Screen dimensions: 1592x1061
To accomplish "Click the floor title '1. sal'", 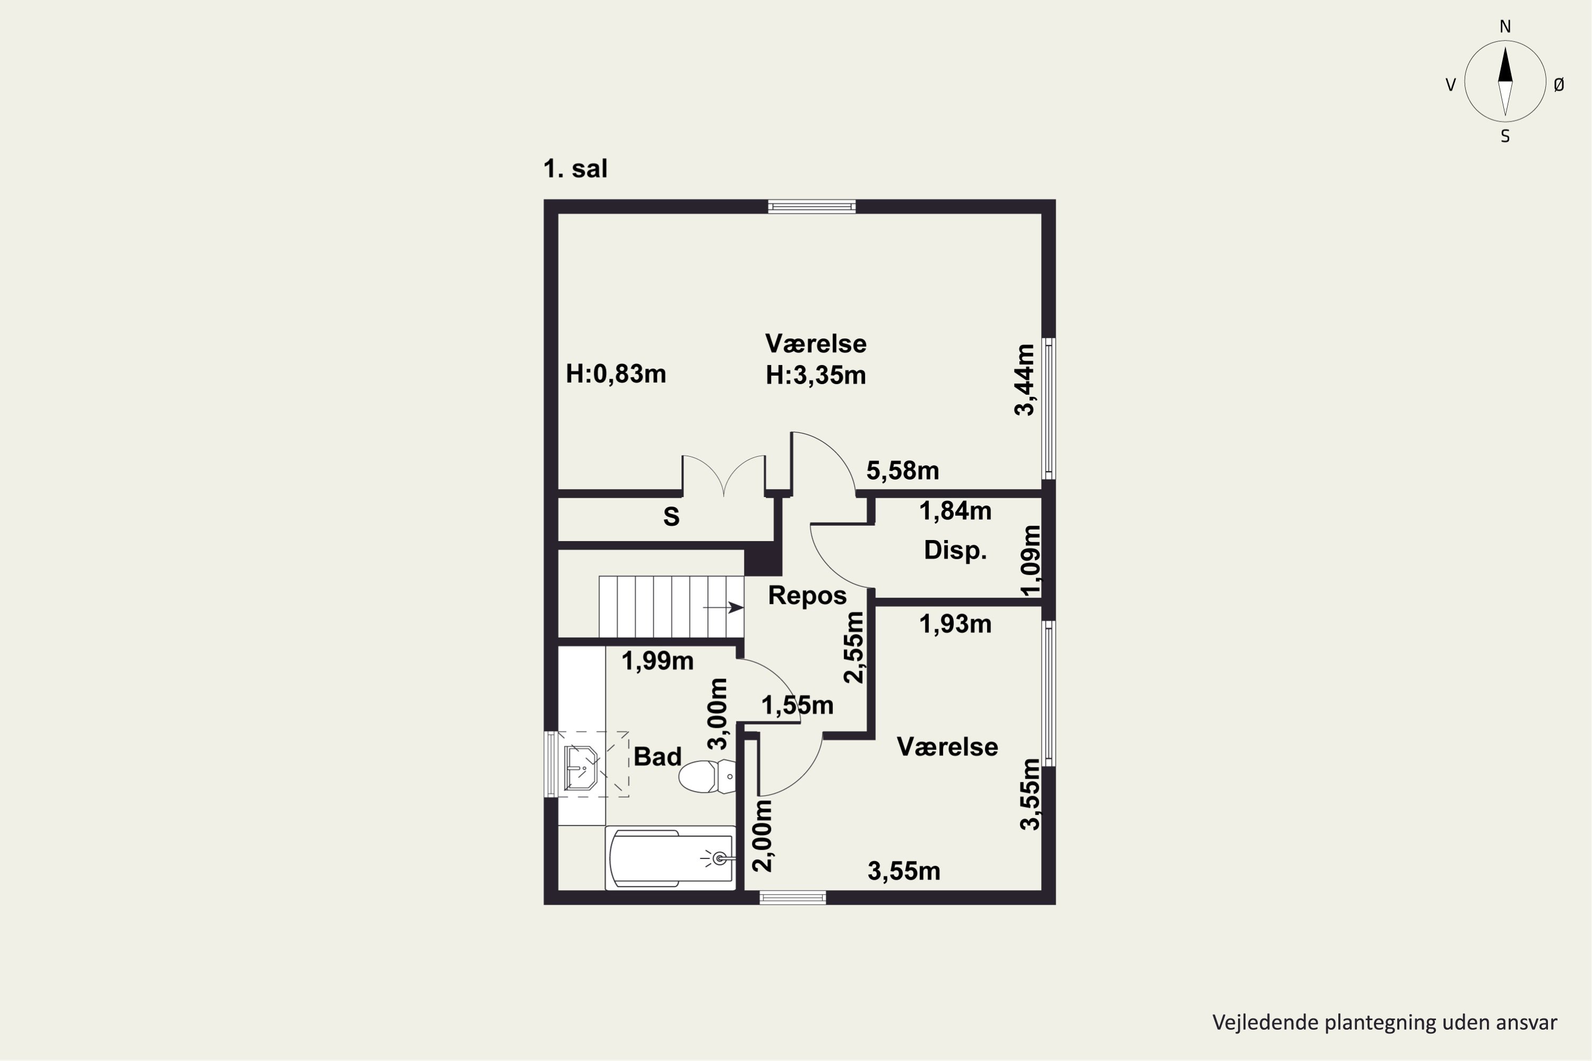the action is [575, 169].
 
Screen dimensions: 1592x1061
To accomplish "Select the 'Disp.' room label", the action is [955, 550].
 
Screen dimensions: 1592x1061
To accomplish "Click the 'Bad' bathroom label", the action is [657, 756].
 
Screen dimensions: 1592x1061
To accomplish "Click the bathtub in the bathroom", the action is [671, 858].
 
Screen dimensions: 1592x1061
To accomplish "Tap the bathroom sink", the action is [581, 768].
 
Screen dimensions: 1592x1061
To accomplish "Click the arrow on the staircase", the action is [724, 607].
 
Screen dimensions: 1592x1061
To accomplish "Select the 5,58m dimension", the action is [902, 470].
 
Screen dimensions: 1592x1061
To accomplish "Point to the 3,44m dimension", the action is [1025, 380].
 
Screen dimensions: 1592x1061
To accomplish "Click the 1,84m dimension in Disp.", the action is [955, 511].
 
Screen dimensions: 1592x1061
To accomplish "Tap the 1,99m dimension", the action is [657, 661].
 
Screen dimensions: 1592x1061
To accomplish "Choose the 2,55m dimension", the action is [854, 648].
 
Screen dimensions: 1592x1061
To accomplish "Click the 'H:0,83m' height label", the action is [616, 373].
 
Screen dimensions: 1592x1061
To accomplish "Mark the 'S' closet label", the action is [671, 517].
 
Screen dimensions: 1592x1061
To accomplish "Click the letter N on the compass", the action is [1506, 27].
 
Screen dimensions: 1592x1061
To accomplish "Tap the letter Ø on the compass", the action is [1559, 84].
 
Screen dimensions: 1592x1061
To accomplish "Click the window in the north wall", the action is [811, 206].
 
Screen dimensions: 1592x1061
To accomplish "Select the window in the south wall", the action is [793, 898].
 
